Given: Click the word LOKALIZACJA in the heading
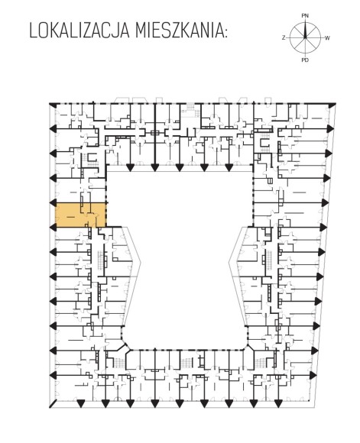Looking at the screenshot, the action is coord(79,31).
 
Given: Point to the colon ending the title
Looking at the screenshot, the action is coord(225,33).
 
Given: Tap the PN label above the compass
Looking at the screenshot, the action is coord(305,16).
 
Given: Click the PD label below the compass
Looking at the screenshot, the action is coord(305,60).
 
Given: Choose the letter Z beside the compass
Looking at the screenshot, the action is coord(284,37).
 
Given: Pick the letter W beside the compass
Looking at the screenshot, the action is coord(327,38).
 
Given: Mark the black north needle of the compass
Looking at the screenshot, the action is coord(305,30).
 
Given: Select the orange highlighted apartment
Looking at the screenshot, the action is coord(81,215).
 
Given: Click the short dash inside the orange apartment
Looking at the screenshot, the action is coord(70,217).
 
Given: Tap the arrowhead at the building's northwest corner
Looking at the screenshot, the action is coord(52,105).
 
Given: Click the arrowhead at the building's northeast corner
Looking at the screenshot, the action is coord(332,105).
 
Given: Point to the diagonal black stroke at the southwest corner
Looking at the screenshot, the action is coord(53,404).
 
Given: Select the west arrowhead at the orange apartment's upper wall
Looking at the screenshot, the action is coord(54,203).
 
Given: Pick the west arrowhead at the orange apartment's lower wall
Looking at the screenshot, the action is coord(54,227).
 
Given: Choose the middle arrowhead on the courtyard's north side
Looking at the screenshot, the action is coord(180,167).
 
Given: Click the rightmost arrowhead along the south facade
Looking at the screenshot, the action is coord(278,404).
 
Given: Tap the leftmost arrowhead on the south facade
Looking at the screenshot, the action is coord(80,404).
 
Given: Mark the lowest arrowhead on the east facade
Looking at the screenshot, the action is coord(313,375).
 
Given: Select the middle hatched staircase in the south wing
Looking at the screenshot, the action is coord(186,363).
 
